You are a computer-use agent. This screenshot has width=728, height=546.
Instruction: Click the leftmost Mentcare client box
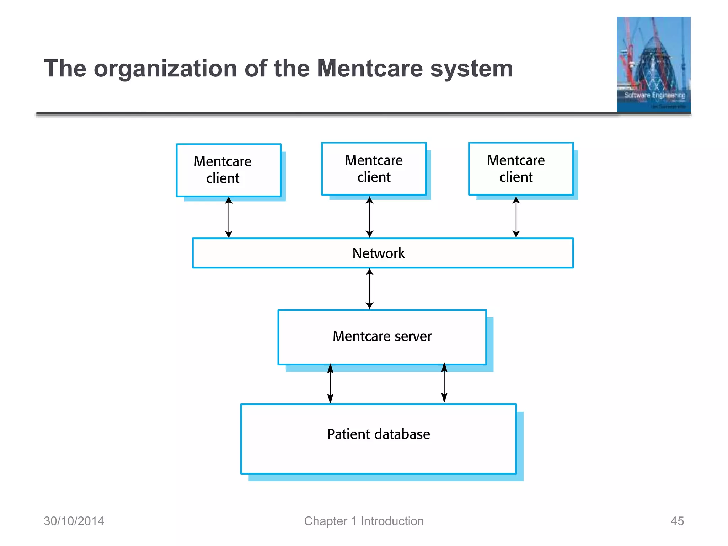[229, 170]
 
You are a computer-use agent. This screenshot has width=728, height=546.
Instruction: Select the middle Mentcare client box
[374, 169]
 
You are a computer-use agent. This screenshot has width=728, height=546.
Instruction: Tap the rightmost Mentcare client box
[521, 169]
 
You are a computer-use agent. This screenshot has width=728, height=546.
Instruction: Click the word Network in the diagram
[378, 253]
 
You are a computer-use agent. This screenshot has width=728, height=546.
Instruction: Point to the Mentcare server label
[382, 336]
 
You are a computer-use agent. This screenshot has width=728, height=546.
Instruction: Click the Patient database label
[378, 434]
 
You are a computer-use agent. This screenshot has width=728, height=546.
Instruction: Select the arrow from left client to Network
[229, 217]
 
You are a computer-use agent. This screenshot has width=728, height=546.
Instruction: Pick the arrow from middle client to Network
[370, 217]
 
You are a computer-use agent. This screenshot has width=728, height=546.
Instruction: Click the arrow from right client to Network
[516, 217]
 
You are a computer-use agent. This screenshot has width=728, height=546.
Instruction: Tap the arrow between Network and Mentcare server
[370, 289]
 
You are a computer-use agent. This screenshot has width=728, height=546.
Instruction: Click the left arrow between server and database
[330, 384]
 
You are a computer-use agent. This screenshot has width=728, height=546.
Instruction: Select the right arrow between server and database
[444, 383]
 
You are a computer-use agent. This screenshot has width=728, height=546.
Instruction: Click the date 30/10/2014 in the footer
[74, 521]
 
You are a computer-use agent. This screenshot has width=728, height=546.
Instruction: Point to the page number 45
[677, 521]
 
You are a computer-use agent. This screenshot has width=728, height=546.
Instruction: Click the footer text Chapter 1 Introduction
[364, 521]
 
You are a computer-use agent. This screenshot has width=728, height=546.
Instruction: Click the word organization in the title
[165, 69]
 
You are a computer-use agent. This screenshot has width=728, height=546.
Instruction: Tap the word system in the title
[471, 69]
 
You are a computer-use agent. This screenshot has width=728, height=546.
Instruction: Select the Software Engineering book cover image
[653, 65]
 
